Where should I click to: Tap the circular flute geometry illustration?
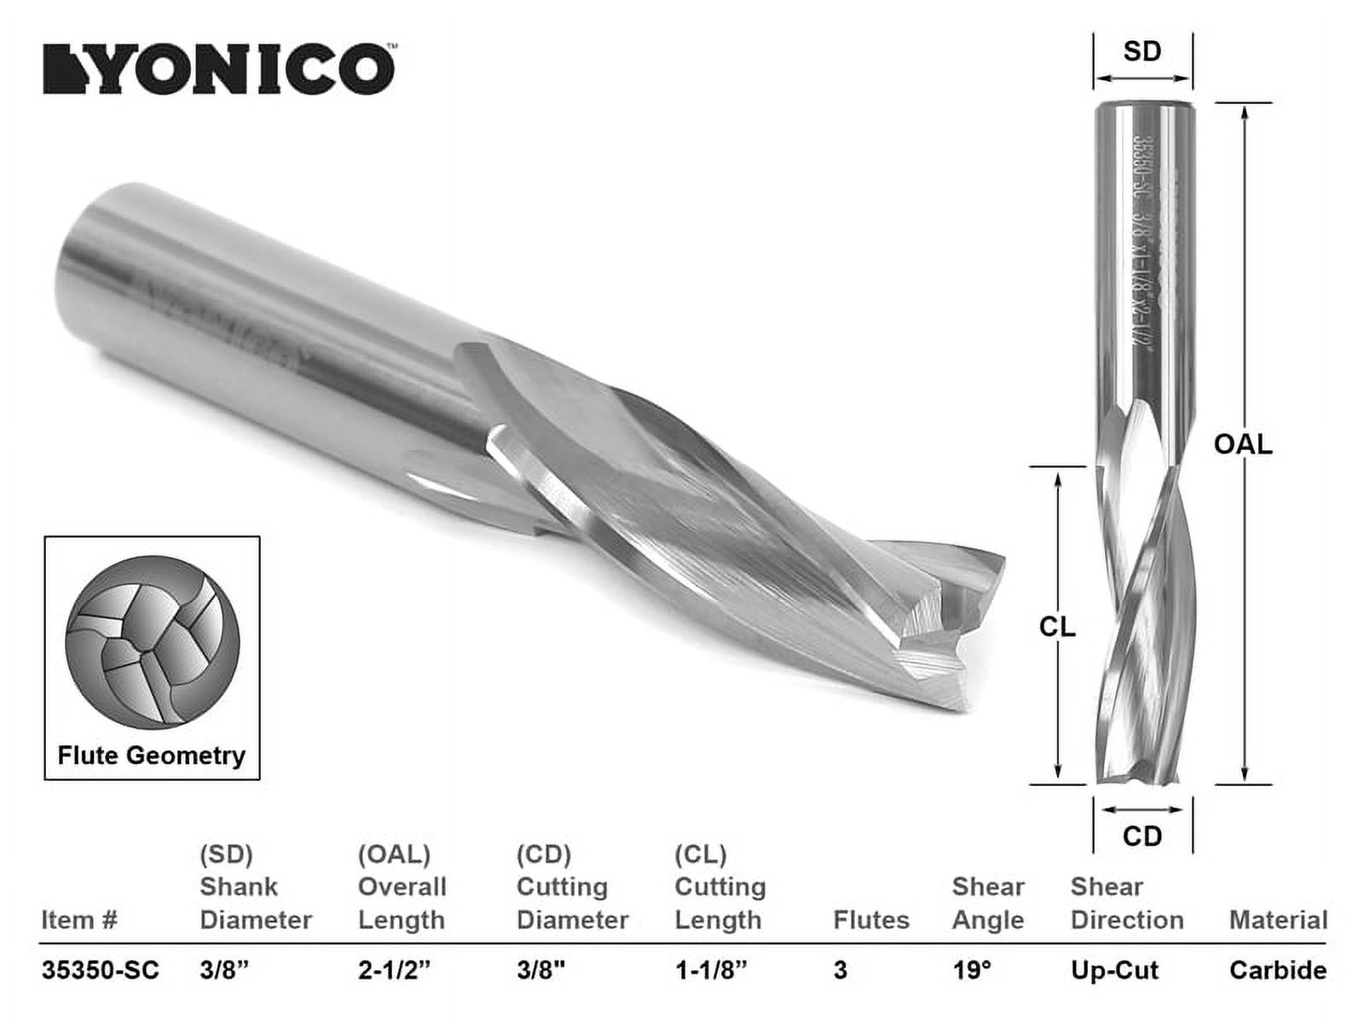click(x=153, y=641)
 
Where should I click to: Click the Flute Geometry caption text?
click(x=151, y=755)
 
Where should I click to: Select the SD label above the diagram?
click(x=1141, y=51)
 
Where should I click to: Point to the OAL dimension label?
click(x=1243, y=444)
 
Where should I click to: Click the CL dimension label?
click(x=1057, y=627)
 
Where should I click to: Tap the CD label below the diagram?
click(x=1141, y=836)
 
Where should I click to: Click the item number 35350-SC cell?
click(x=100, y=970)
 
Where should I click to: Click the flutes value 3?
click(x=841, y=970)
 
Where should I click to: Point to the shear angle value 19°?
click(x=972, y=970)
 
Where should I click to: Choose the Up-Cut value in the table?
click(x=1114, y=970)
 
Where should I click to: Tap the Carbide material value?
click(x=1277, y=970)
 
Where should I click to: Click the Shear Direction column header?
click(x=1126, y=904)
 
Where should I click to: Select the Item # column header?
click(x=78, y=921)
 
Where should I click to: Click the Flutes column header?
click(x=870, y=921)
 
